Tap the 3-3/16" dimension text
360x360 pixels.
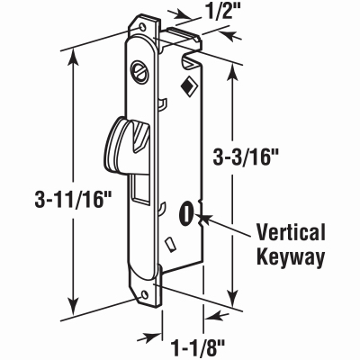tap(245, 157)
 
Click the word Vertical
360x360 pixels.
tap(291, 232)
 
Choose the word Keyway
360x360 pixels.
tap(291, 257)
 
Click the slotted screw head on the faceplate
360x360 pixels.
tap(139, 72)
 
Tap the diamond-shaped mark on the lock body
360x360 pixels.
tap(188, 85)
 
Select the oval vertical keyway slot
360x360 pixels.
tap(185, 214)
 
